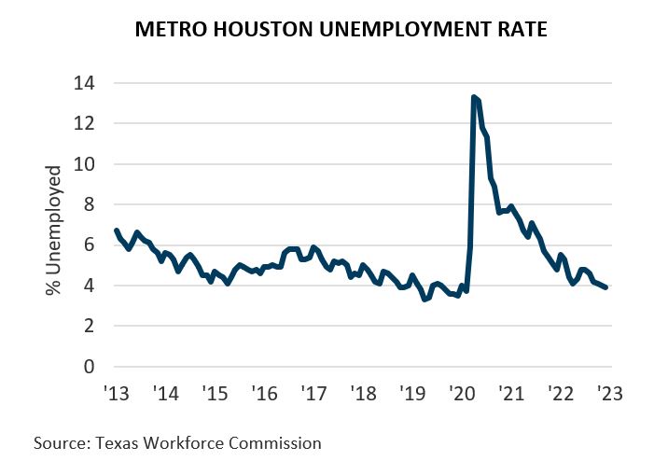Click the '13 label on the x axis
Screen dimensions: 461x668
pyautogui.click(x=115, y=393)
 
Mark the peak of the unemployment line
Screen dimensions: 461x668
pyautogui.click(x=474, y=97)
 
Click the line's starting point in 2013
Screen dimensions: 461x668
pyautogui.click(x=115, y=230)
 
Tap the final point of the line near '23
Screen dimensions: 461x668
pyautogui.click(x=606, y=287)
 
